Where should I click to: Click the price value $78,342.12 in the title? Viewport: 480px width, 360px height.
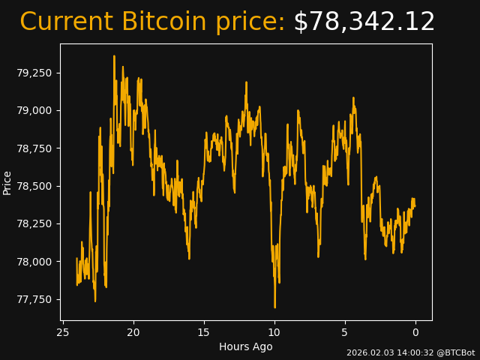coord(364,22)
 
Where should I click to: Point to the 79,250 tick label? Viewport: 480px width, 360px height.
coord(34,73)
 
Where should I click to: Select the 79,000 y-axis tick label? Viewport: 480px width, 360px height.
coord(34,110)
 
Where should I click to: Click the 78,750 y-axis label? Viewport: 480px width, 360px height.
coord(34,148)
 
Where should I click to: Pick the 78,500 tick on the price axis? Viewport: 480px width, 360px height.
coord(34,186)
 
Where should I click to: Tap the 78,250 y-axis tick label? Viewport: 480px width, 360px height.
coord(34,223)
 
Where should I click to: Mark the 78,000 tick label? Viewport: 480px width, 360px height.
coord(34,262)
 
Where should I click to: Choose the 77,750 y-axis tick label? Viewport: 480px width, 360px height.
coord(34,299)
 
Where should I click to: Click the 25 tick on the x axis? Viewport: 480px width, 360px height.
coord(63,332)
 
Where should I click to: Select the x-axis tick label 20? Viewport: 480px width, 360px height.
coord(133,332)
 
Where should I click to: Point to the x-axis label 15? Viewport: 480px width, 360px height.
coord(204,332)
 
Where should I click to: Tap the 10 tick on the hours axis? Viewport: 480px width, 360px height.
coord(274,332)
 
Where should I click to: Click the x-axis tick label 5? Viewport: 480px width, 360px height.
coord(345,332)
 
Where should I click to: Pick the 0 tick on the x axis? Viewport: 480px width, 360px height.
coord(415,332)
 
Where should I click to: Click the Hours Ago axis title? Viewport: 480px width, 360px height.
coord(245,346)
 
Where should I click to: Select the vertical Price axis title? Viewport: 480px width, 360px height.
coord(7,182)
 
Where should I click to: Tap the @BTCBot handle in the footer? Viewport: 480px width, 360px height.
coord(455,352)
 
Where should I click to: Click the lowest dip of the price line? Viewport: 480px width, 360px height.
coord(274,307)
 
